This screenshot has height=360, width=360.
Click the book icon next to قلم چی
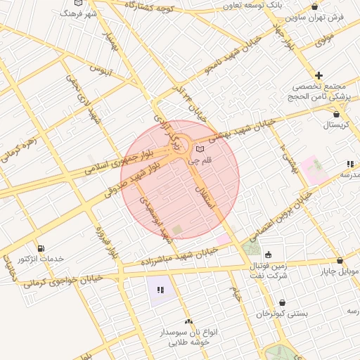pyautogui.click(x=201, y=149)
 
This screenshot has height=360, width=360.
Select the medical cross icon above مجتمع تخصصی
pyautogui.click(x=319, y=75)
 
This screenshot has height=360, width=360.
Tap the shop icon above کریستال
pyautogui.click(x=337, y=113)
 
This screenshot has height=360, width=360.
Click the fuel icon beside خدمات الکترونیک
pyautogui.click(x=40, y=247)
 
